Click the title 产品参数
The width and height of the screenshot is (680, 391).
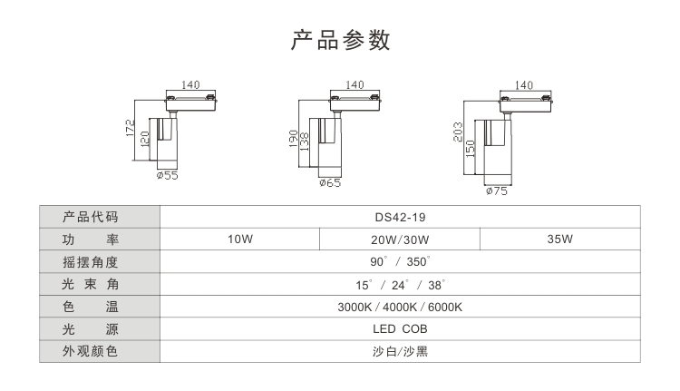(340, 40)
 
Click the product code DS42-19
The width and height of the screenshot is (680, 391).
(400, 217)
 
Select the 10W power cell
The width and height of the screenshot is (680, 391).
(239, 239)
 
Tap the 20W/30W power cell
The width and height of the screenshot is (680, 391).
(400, 239)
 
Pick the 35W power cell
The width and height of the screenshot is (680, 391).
(559, 239)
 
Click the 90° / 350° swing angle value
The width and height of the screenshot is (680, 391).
(400, 262)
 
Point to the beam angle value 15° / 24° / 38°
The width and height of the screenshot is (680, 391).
(400, 284)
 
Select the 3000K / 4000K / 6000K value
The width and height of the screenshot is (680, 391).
(400, 307)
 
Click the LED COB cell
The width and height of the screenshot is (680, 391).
(400, 328)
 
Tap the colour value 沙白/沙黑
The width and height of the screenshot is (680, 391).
(400, 351)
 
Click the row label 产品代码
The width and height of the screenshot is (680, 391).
(91, 217)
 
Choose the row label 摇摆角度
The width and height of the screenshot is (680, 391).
(91, 262)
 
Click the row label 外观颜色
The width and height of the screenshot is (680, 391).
(91, 351)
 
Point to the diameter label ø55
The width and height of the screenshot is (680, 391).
(167, 175)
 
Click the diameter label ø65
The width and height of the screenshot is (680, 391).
(330, 182)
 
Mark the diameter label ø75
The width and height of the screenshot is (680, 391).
(497, 191)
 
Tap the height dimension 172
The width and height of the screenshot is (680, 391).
(131, 130)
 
